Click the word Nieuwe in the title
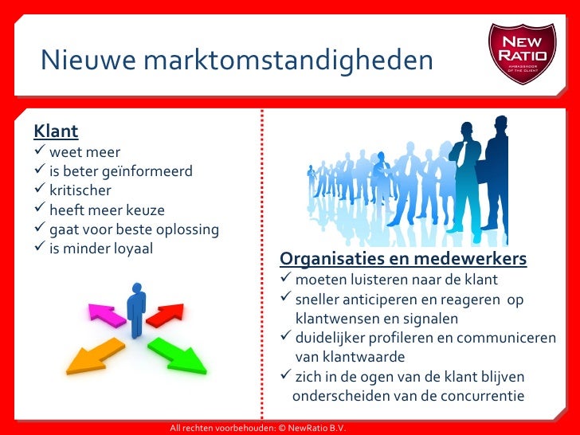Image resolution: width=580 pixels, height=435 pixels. (x=78, y=59)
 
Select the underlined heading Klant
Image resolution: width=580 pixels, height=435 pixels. (x=56, y=131)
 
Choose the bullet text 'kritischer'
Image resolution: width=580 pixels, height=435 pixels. (x=80, y=190)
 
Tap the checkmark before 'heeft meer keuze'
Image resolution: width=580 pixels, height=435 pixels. (x=39, y=210)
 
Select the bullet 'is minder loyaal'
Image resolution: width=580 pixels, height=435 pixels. (x=100, y=249)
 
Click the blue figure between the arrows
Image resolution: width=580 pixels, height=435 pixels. (x=137, y=309)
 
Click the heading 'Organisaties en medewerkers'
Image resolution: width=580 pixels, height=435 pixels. (x=403, y=260)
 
